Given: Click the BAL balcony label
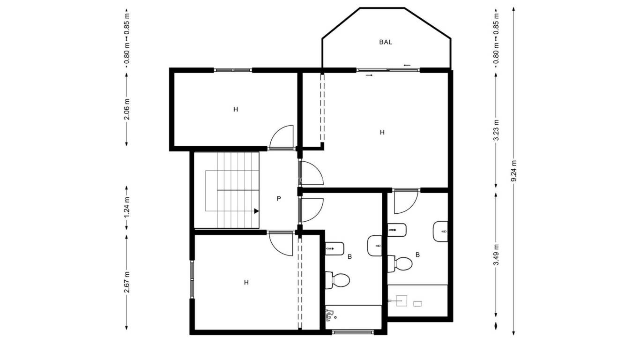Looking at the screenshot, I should pos(385,42).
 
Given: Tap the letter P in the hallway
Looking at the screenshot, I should pos(278,199).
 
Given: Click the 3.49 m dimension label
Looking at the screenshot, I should pos(496,255).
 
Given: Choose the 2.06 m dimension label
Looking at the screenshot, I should pos(127,109).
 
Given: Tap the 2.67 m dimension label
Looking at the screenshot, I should pos(127,282).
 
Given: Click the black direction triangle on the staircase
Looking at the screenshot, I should pos(256,211).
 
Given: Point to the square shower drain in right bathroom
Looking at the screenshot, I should pos(402,300).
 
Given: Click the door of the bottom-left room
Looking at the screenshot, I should pos(281,244).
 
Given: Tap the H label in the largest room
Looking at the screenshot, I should pos(382,133).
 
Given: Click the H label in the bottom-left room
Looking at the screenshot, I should pos(246,282).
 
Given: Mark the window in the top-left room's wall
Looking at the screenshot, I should pos(233,70).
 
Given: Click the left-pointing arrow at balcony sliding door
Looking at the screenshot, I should pos(407,65).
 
